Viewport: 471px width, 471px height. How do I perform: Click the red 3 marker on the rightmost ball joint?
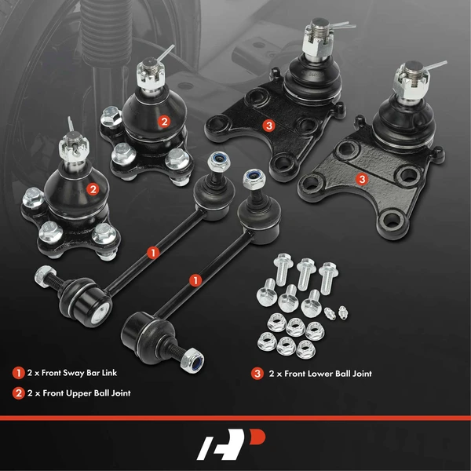pos(362,179)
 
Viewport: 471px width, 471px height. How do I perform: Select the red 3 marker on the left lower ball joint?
pos(268,125)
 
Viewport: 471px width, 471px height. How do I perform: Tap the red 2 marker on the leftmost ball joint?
pos(93,188)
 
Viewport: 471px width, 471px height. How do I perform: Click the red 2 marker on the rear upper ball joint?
pos(163,122)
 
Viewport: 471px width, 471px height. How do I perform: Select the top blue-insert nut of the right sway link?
pos(254,179)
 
